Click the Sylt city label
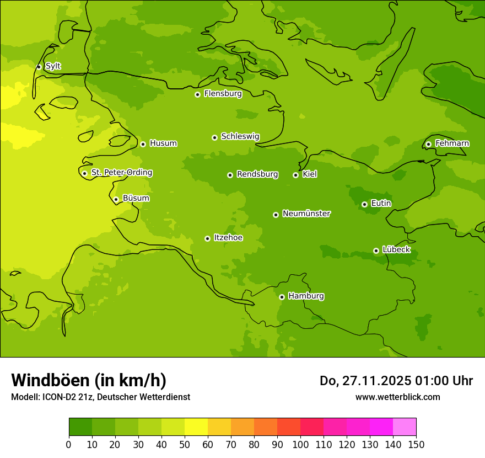(x=53, y=66)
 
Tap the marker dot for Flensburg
(x=197, y=94)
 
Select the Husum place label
(x=163, y=143)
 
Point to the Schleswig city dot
(x=214, y=137)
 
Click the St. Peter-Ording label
(x=121, y=173)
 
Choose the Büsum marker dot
(x=116, y=199)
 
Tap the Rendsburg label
(x=257, y=174)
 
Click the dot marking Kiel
(x=295, y=175)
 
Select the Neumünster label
(x=306, y=214)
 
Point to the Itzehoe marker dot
(x=207, y=238)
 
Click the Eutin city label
(x=381, y=204)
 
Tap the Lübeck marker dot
(x=376, y=251)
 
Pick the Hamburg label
(x=306, y=296)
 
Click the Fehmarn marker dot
(x=428, y=144)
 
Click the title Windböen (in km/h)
(x=89, y=380)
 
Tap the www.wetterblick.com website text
(x=397, y=397)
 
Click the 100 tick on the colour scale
(x=300, y=444)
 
